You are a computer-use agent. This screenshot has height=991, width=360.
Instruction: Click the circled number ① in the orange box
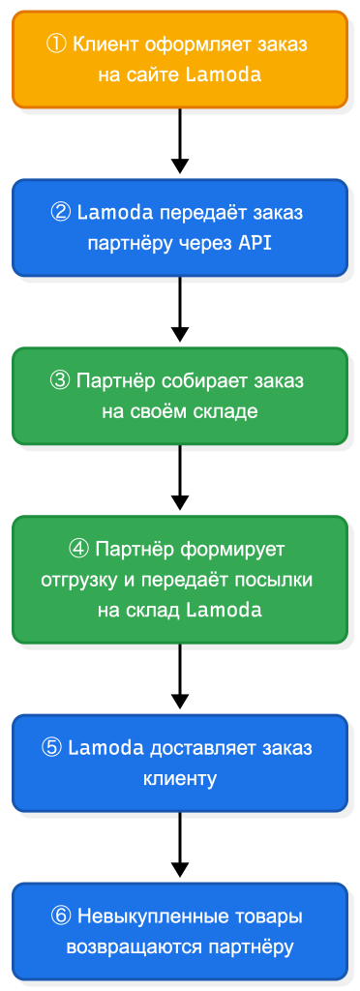(x=57, y=45)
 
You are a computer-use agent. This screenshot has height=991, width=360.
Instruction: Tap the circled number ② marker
(x=62, y=213)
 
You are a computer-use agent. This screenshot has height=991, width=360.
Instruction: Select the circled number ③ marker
(x=60, y=380)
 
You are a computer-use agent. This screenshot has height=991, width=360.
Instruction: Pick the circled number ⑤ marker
(x=53, y=748)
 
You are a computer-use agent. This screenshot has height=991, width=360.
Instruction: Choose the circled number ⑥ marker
(x=61, y=916)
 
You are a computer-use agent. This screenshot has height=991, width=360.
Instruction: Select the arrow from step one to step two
(x=180, y=141)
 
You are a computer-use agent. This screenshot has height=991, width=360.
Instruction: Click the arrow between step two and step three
(x=180, y=310)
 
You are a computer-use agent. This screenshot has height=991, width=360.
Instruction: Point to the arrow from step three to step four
(x=180, y=478)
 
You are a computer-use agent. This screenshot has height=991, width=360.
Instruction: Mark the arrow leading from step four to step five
(x=180, y=677)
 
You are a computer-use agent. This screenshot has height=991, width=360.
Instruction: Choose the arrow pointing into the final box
(x=180, y=846)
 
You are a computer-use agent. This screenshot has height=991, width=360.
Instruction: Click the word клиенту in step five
(x=180, y=777)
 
